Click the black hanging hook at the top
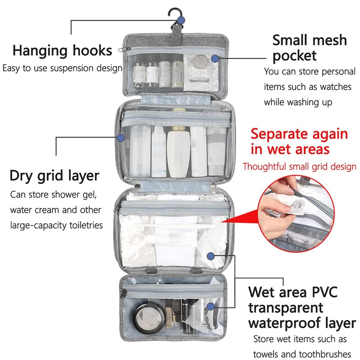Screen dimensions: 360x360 tap(173, 16)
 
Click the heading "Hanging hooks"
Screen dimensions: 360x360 tap(62, 50)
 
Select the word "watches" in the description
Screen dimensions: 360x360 tap(334, 86)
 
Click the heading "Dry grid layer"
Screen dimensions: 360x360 tap(54, 175)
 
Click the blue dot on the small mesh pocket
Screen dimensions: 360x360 tap(215, 58)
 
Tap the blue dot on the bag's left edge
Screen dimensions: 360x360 tap(120, 137)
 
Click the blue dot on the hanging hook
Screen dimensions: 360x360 tap(181, 20)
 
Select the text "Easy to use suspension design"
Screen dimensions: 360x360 tap(63, 68)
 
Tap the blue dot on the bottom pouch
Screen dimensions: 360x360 tap(211, 306)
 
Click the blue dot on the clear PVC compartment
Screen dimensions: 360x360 tap(211, 256)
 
